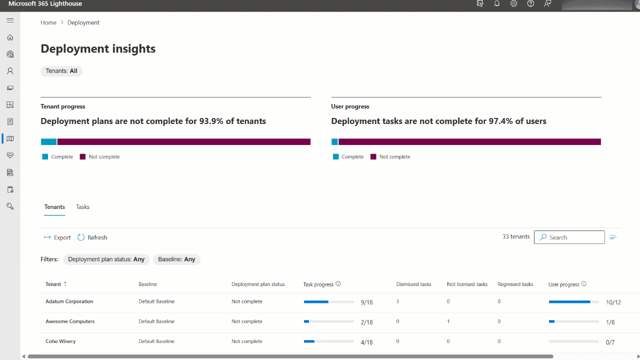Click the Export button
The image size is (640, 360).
pos(57,237)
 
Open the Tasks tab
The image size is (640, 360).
pos(82,207)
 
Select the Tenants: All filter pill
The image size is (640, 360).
pos(61,71)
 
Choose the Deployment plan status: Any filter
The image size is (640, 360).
pos(106,259)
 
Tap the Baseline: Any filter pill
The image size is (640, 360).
pos(176,259)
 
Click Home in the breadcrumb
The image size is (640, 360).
pos(48,22)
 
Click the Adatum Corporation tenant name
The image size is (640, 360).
pos(69,301)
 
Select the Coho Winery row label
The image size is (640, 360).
pos(60,341)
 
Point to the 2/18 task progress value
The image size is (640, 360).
pos(366,322)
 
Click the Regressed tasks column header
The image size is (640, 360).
pos(515,284)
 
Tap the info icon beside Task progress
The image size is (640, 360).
pos(338,284)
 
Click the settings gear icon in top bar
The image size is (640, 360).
pos(513,4)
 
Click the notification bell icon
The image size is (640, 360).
pos(496,4)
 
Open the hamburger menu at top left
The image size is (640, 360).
pos(10,20)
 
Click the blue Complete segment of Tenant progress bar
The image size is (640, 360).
pos(48,142)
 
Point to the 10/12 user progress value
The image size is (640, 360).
pos(613,302)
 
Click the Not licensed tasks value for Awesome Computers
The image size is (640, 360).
pos(448,321)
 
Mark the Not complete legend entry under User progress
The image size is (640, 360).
pos(390,157)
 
